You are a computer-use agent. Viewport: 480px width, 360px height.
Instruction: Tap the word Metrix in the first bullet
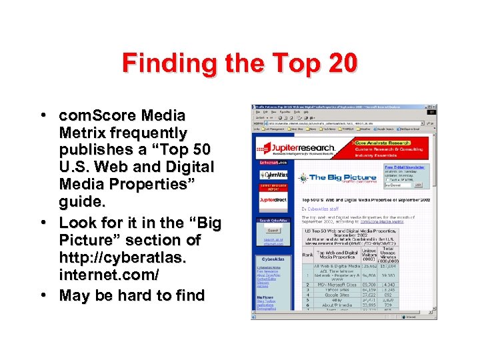click(79, 133)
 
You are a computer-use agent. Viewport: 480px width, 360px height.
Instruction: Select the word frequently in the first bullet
click(144, 133)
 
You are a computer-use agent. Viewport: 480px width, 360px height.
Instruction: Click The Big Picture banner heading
click(333, 177)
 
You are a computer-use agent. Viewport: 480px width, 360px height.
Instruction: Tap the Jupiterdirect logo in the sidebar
click(273, 199)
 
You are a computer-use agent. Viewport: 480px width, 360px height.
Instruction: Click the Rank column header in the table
click(308, 254)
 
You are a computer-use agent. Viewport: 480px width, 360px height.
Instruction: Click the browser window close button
click(434, 107)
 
